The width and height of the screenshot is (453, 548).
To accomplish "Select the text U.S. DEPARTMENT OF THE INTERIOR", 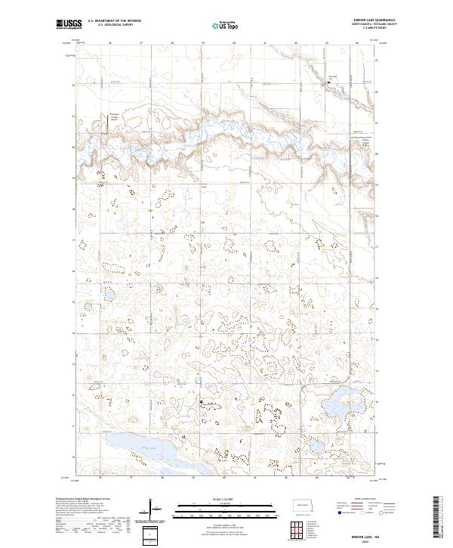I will pyautogui.click(x=114, y=21).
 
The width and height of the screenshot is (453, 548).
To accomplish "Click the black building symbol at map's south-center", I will pyautogui.click(x=201, y=403).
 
